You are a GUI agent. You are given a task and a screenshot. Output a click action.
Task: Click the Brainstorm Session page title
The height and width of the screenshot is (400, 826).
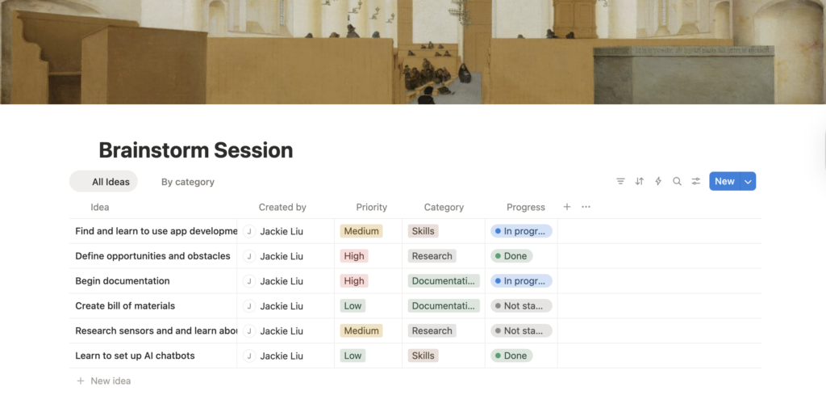point(195,150)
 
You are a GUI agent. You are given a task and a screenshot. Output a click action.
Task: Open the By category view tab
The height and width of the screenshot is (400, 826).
point(187,182)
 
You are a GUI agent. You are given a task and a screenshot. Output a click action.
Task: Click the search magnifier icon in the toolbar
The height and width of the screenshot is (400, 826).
point(677,182)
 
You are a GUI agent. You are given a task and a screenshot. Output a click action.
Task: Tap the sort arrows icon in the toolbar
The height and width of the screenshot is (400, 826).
point(639,182)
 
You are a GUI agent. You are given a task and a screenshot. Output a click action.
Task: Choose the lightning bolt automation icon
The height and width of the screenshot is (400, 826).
point(658,182)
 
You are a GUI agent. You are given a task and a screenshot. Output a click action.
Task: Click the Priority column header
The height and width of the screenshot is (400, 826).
point(371,208)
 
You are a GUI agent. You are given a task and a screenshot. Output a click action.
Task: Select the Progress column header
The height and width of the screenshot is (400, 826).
point(526,208)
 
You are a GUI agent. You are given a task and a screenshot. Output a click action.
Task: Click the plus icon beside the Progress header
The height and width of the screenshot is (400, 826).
point(567,207)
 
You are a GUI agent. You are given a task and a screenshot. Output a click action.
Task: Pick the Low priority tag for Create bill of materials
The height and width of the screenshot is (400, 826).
point(353,306)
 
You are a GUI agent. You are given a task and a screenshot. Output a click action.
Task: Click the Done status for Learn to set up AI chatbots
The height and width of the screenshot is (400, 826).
point(511,356)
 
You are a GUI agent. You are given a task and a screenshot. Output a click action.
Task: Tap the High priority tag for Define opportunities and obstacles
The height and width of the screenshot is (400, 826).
point(354,256)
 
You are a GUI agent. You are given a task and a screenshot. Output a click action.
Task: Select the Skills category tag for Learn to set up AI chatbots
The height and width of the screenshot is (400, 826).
point(423,356)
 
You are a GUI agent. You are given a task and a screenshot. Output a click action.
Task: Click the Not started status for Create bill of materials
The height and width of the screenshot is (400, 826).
point(521,306)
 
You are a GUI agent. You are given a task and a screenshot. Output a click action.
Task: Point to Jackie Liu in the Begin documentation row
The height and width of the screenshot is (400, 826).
point(282,280)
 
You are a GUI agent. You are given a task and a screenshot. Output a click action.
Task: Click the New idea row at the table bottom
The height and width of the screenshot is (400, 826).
point(104,381)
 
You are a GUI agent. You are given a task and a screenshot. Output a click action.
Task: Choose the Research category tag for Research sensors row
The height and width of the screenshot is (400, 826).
point(432,331)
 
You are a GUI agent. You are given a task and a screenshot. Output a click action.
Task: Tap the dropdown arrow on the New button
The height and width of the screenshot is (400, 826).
point(748,182)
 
